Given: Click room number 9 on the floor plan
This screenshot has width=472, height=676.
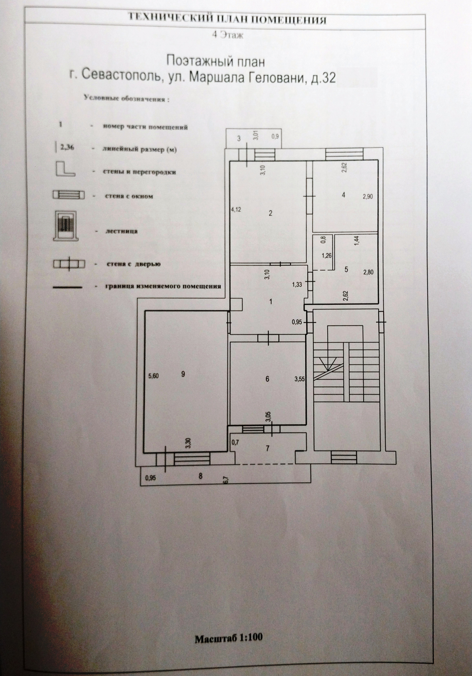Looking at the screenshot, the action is coord(183,374).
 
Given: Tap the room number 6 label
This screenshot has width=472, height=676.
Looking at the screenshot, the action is coord(267,379).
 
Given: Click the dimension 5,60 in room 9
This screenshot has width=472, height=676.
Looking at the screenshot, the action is coord(153,376).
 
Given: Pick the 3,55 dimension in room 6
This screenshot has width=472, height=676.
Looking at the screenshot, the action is coord(300,379).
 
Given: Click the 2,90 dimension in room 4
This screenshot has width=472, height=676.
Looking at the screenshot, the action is coord(368,196).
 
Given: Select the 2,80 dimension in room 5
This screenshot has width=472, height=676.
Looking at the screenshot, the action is coord(368,272).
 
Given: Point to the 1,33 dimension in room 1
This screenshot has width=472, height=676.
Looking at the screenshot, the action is coord(297,284).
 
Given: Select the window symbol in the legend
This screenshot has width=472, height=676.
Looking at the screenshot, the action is coord(69,196).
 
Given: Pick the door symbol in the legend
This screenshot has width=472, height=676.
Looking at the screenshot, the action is coord(69,263).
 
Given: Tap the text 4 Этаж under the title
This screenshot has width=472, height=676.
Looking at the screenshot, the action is coord(228,36).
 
